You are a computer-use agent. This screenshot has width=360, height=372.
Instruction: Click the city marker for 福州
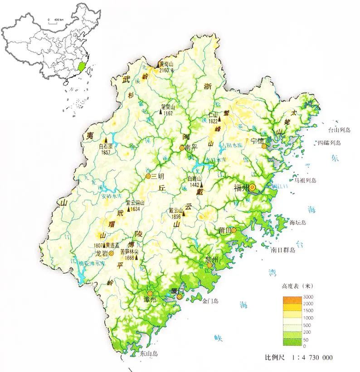coord(253,187)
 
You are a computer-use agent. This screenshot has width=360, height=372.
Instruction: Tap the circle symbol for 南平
coord(182,147)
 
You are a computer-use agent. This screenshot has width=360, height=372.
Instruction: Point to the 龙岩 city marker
coord(111,253)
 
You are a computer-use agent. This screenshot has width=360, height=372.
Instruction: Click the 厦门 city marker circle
coord(179,297)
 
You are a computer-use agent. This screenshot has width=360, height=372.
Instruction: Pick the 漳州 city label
coord(150,300)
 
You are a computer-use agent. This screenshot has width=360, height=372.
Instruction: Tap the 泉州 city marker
coord(209,265)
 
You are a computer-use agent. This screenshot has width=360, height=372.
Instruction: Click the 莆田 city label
coord(224,230)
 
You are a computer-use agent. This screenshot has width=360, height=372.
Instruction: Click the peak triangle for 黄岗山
coord(159,66)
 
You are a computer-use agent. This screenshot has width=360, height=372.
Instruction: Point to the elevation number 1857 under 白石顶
coord(106,152)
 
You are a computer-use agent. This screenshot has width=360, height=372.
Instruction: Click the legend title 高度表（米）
coord(297,286)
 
